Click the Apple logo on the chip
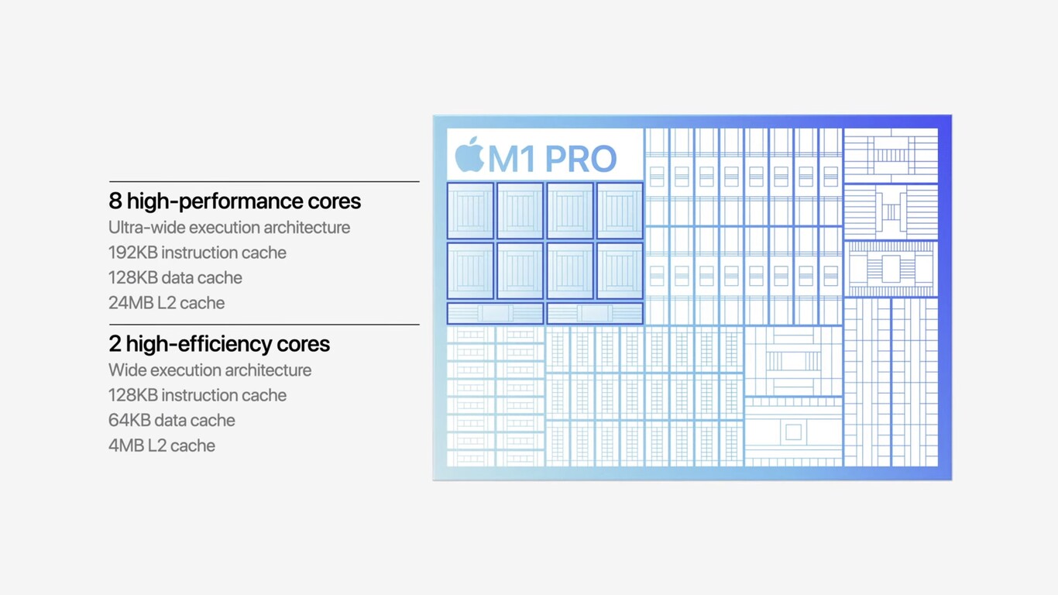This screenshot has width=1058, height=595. click(469, 155)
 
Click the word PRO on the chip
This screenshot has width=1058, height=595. click(581, 159)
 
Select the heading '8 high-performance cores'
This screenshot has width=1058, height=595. click(235, 201)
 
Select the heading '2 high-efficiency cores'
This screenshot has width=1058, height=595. click(219, 344)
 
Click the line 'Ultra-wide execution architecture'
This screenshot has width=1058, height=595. click(229, 228)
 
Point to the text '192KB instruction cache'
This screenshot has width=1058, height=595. click(198, 253)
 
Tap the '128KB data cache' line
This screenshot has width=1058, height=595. click(175, 277)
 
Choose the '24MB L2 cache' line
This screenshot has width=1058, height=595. click(167, 303)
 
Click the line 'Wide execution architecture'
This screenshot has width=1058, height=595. click(210, 370)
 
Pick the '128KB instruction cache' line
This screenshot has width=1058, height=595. click(198, 395)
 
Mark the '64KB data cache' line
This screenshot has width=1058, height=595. click(172, 421)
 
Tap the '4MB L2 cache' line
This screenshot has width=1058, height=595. click(162, 445)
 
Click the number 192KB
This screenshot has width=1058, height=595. click(132, 253)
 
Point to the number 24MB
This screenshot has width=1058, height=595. click(131, 303)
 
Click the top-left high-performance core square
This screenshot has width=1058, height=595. click(470, 211)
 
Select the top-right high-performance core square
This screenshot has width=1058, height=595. click(620, 211)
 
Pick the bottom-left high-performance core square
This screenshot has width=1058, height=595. click(470, 270)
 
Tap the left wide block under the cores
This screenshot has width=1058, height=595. click(495, 313)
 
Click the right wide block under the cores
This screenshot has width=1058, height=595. click(595, 313)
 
